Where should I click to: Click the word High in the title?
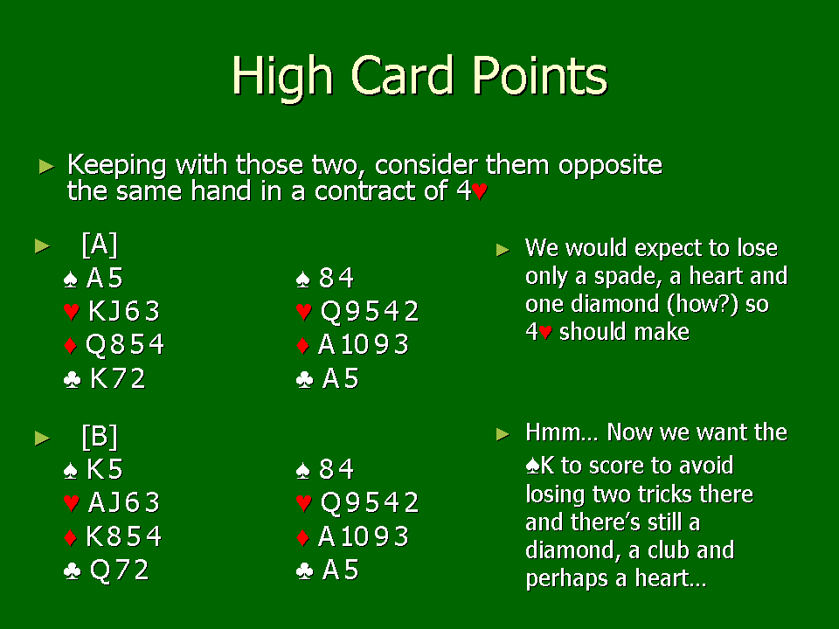[x=282, y=77]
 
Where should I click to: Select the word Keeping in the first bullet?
[x=116, y=165]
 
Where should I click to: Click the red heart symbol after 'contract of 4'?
[x=480, y=191]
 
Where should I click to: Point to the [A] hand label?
[x=100, y=245]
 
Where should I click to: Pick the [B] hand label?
[x=100, y=437]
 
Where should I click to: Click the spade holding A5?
[x=105, y=278]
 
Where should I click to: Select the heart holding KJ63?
[x=124, y=311]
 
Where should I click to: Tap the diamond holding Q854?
[x=125, y=344]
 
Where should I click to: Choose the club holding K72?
[x=118, y=378]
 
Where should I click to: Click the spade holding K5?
[x=105, y=470]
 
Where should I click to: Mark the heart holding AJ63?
[x=124, y=503]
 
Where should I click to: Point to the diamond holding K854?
[x=123, y=536]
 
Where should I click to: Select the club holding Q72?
[x=120, y=570]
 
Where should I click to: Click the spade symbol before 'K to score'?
[x=532, y=467]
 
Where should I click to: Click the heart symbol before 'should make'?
[x=545, y=332]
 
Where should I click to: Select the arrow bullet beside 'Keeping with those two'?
[x=47, y=166]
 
